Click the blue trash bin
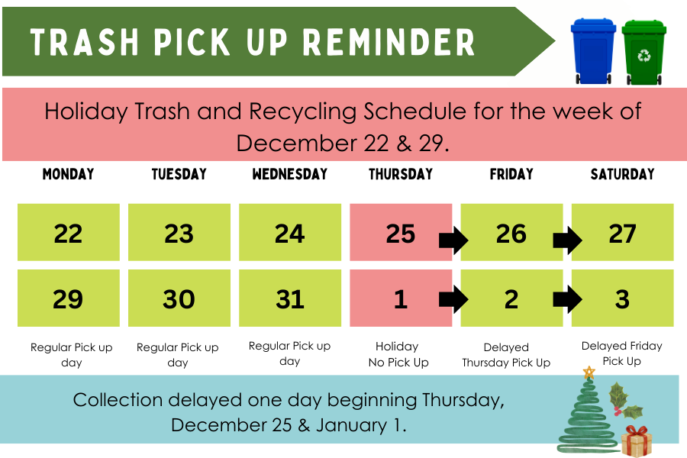pyautogui.click(x=593, y=51)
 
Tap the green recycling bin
pyautogui.click(x=643, y=52)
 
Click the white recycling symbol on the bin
pyautogui.click(x=644, y=56)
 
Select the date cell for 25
pyautogui.click(x=401, y=232)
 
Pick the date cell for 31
pyautogui.click(x=290, y=298)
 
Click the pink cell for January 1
pyautogui.click(x=401, y=298)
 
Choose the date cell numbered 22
pyautogui.click(x=69, y=232)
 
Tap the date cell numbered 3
pyautogui.click(x=623, y=298)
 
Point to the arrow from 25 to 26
pyautogui.click(x=453, y=240)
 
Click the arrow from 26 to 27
pyautogui.click(x=567, y=240)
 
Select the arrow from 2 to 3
pyautogui.click(x=567, y=299)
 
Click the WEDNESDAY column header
pyautogui.click(x=289, y=174)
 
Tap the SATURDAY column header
pyautogui.click(x=622, y=174)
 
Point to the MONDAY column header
pyautogui.click(x=69, y=174)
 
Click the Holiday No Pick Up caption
pyautogui.click(x=398, y=354)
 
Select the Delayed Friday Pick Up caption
pyautogui.click(x=621, y=353)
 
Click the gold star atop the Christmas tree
pyautogui.click(x=589, y=373)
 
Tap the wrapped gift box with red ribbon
pyautogui.click(x=636, y=441)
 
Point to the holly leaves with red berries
pyautogui.click(x=624, y=401)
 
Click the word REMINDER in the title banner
pyautogui.click(x=389, y=43)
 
